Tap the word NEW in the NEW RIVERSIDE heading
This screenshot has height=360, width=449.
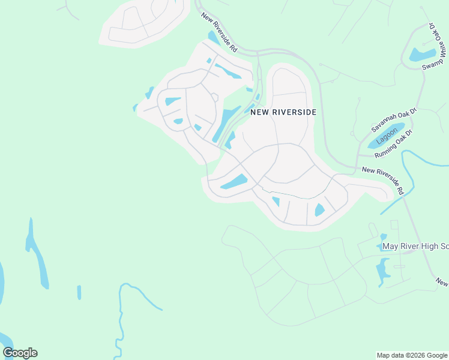(x=259, y=112)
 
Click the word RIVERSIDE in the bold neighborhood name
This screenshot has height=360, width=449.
(x=294, y=112)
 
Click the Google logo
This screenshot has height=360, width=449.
(x=20, y=353)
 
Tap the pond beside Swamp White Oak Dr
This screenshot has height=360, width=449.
(x=422, y=55)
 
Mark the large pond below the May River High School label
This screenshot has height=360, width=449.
(x=382, y=271)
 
